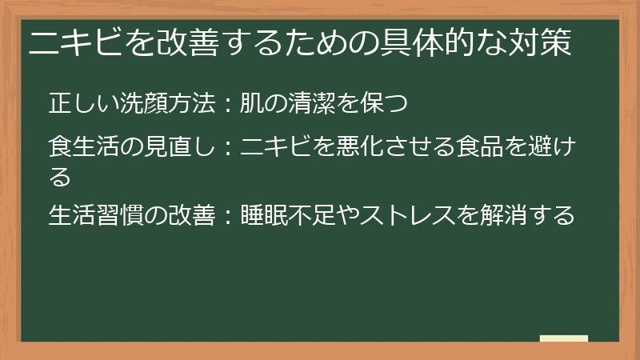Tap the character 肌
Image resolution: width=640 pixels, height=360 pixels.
[253, 103]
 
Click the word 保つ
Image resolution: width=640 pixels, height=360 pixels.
[391, 103]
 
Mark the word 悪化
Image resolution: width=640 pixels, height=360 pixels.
[364, 148]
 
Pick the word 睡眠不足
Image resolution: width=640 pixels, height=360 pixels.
[287, 216]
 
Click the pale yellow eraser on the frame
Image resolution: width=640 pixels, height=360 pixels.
[564, 338]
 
